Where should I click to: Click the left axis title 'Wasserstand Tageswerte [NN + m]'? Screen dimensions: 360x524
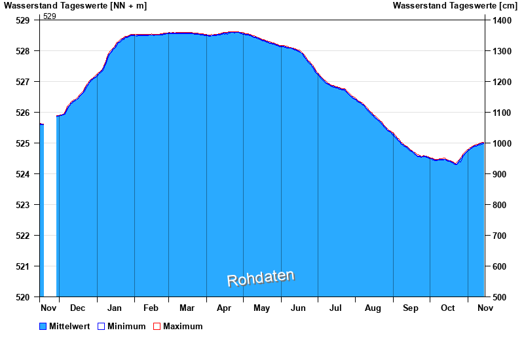pyautogui.click(x=75, y=6)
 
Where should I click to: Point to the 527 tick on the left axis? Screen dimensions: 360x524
pyautogui.click(x=23, y=82)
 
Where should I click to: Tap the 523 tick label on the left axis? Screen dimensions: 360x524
pyautogui.click(x=23, y=205)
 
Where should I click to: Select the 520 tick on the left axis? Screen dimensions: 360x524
pyautogui.click(x=23, y=297)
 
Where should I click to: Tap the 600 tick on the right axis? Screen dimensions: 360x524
pyautogui.click(x=500, y=266)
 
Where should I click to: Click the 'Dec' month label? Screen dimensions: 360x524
pyautogui.click(x=77, y=308)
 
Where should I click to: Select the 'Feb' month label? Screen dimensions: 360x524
pyautogui.click(x=151, y=308)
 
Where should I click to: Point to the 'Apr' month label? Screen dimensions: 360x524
pyautogui.click(x=224, y=308)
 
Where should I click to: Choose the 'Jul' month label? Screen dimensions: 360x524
pyautogui.click(x=335, y=308)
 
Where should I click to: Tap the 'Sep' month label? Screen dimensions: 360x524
pyautogui.click(x=411, y=308)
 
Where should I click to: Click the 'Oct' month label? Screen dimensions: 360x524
pyautogui.click(x=448, y=308)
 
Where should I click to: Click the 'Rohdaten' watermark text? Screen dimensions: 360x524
pyautogui.click(x=261, y=279)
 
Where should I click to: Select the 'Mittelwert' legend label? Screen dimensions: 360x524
pyautogui.click(x=69, y=326)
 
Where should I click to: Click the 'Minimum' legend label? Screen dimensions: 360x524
pyautogui.click(x=126, y=326)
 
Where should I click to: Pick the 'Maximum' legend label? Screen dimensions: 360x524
pyautogui.click(x=183, y=326)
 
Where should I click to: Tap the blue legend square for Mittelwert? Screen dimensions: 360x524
pyautogui.click(x=43, y=326)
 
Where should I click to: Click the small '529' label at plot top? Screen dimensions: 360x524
pyautogui.click(x=50, y=16)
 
